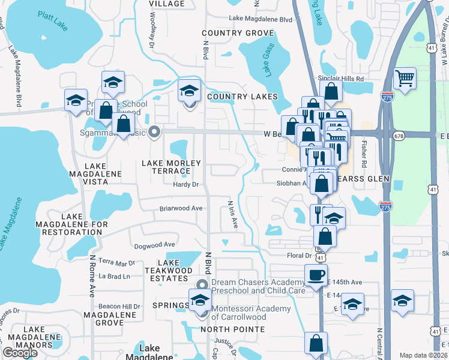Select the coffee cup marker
pyautogui.click(x=316, y=276)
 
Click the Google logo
pyautogui.click(x=20, y=353)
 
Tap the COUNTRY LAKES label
pyautogui.click(x=242, y=97)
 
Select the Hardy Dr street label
pyautogui.click(x=185, y=184)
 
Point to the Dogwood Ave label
pyautogui.click(x=154, y=244)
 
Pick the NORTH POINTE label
pyautogui.click(x=232, y=329)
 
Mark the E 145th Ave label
pyautogui.click(x=345, y=282)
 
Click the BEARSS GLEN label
pyautogui.click(x=363, y=179)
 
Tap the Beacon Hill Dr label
pyautogui.click(x=119, y=306)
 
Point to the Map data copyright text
pyautogui.click(x=423, y=355)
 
